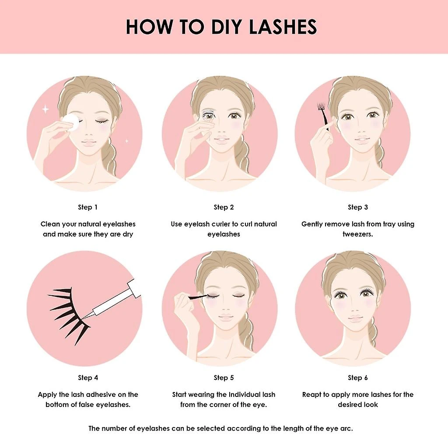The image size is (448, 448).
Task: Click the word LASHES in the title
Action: pos(283,27)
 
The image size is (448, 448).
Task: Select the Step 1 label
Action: pos(87,207)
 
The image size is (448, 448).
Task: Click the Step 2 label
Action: pos(224,207)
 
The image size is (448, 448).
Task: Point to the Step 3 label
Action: pos(358,207)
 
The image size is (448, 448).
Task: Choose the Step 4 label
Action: pos(88,378)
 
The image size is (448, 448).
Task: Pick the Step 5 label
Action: pos(224,378)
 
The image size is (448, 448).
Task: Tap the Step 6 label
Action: pos(358,378)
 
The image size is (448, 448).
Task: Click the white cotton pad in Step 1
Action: pos(72,122)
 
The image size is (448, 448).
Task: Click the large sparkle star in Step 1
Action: pos(45,109)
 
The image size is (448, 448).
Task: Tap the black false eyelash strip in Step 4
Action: pos(69,314)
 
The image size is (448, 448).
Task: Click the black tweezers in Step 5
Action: pos(197,297)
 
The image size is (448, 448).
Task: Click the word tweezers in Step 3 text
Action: pos(358,234)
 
